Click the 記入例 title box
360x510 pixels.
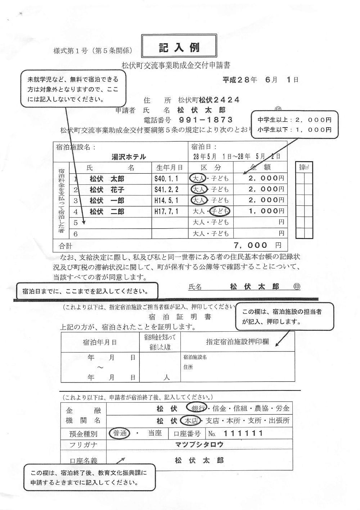(x=179, y=48)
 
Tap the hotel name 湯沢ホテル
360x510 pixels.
(x=129, y=157)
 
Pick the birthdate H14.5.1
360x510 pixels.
(x=166, y=201)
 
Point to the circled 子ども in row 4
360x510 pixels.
(x=220, y=211)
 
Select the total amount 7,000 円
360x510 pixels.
(x=257, y=245)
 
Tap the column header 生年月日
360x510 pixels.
(x=170, y=168)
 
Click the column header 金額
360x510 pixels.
(x=260, y=167)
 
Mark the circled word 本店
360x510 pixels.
(x=192, y=420)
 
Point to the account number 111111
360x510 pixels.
(x=243, y=433)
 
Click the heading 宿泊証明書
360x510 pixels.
(x=180, y=317)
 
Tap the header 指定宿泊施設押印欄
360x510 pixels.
(x=237, y=342)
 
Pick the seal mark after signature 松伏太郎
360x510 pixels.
(x=297, y=286)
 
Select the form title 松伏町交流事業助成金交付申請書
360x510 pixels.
(x=176, y=65)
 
